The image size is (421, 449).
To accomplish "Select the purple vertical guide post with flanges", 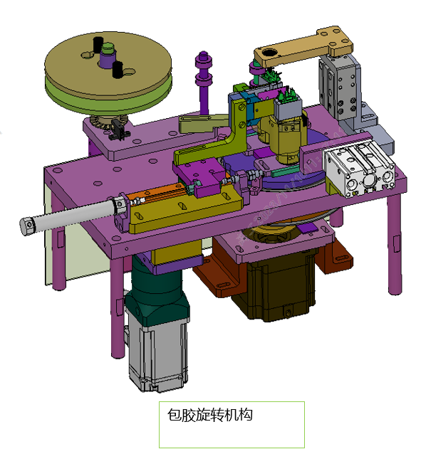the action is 204,83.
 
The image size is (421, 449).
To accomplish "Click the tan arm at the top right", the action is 303,46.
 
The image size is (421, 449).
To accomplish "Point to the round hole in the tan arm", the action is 269,53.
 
